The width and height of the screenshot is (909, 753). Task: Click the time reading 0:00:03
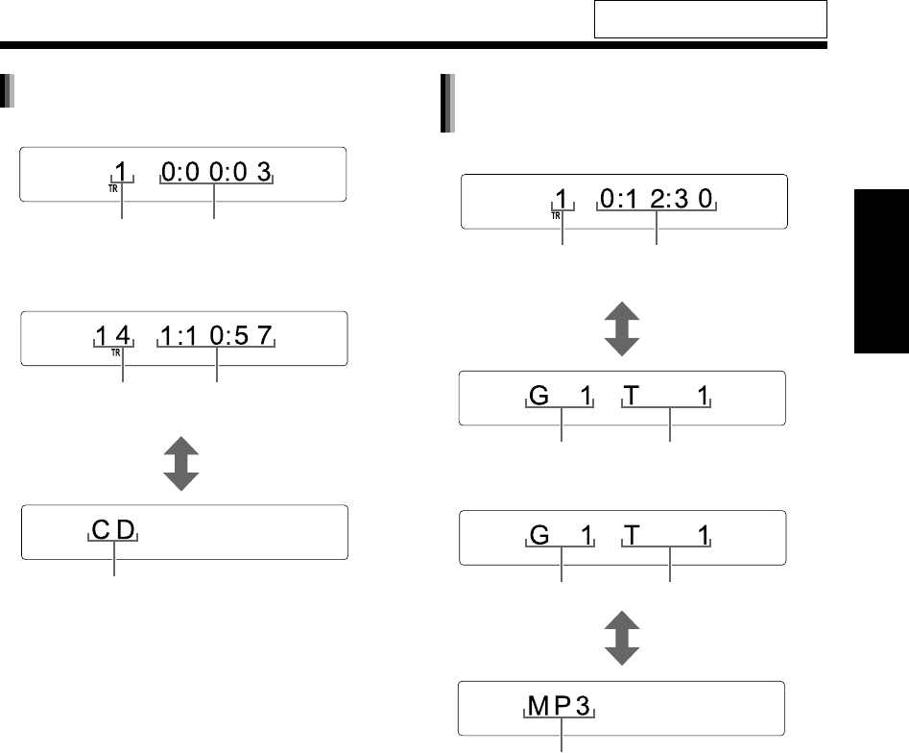pyautogui.click(x=217, y=173)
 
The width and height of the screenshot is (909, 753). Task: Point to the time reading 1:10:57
pyautogui.click(x=218, y=337)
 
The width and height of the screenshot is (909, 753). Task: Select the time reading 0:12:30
pyautogui.click(x=658, y=200)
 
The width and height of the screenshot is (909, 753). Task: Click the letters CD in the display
pyautogui.click(x=114, y=529)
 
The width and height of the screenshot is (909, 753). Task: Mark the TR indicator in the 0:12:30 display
pyautogui.click(x=557, y=216)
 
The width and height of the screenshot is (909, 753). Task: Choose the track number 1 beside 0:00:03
pyautogui.click(x=121, y=173)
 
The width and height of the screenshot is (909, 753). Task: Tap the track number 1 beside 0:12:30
pyautogui.click(x=564, y=200)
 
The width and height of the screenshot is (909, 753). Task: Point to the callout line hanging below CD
pyautogui.click(x=114, y=561)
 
